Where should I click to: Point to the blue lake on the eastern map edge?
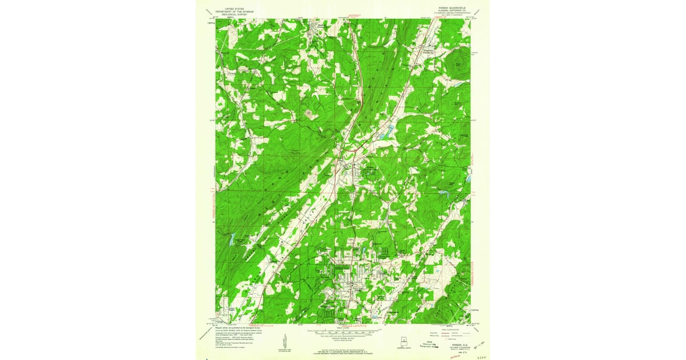(468, 178)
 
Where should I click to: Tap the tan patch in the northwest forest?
(309, 114)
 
